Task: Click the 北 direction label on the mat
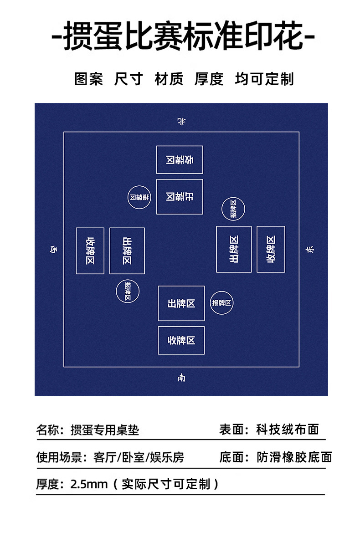pyautogui.click(x=181, y=121)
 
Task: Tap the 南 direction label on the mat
pyautogui.click(x=181, y=378)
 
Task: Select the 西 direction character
pyautogui.click(x=54, y=249)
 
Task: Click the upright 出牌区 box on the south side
pyautogui.click(x=181, y=303)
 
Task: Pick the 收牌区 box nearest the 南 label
pyautogui.click(x=181, y=340)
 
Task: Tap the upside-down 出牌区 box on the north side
pyautogui.click(x=180, y=197)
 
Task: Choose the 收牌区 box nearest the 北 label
pyautogui.click(x=180, y=160)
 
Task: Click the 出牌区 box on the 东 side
pyautogui.click(x=234, y=249)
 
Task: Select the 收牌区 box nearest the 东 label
pyautogui.click(x=271, y=249)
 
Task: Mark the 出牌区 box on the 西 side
pyautogui.click(x=127, y=251)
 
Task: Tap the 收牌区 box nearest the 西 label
pyautogui.click(x=90, y=251)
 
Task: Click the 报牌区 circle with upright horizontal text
pyautogui.click(x=222, y=302)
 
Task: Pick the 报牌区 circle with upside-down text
pyautogui.click(x=139, y=198)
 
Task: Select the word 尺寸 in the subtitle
pyautogui.click(x=129, y=79)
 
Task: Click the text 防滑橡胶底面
pyautogui.click(x=294, y=457)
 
